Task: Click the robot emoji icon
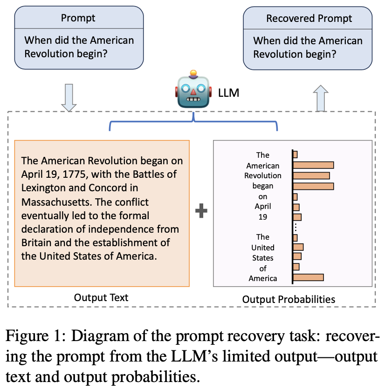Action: pyautogui.click(x=193, y=89)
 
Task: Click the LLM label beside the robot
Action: pyautogui.click(x=228, y=93)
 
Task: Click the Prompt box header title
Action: pyautogui.click(x=78, y=19)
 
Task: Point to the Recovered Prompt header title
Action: pyautogui.click(x=309, y=19)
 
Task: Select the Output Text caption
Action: pyautogui.click(x=101, y=297)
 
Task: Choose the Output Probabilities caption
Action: pyautogui.click(x=289, y=299)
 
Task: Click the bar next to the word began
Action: pyautogui.click(x=313, y=186)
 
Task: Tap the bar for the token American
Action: pyautogui.click(x=313, y=165)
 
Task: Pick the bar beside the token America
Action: pyautogui.click(x=308, y=278)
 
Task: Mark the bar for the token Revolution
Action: pyautogui.click(x=311, y=175)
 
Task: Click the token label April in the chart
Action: pyautogui.click(x=263, y=206)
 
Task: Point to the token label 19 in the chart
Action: pyautogui.click(x=263, y=216)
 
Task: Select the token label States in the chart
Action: pyautogui.click(x=263, y=257)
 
